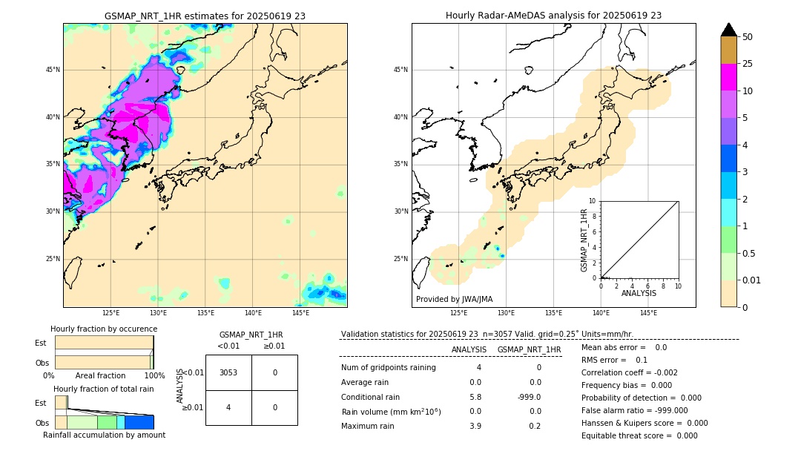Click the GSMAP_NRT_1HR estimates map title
(x=205, y=16)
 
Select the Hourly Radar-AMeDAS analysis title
(x=553, y=16)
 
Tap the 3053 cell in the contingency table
(x=228, y=372)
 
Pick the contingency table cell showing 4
(x=228, y=407)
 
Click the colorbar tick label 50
(x=748, y=37)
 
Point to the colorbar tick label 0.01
(x=751, y=280)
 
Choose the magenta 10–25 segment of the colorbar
(x=728, y=77)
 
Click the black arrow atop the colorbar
(x=728, y=30)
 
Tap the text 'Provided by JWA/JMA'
(x=454, y=299)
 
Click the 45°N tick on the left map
(x=53, y=70)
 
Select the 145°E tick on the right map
(x=648, y=313)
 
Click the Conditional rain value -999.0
(x=529, y=397)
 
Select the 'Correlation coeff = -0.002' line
(x=629, y=373)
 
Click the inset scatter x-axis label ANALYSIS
(x=639, y=293)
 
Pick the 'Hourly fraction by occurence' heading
(x=104, y=329)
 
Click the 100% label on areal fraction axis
(x=154, y=376)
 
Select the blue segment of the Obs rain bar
(x=139, y=422)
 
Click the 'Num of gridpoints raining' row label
(x=389, y=367)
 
